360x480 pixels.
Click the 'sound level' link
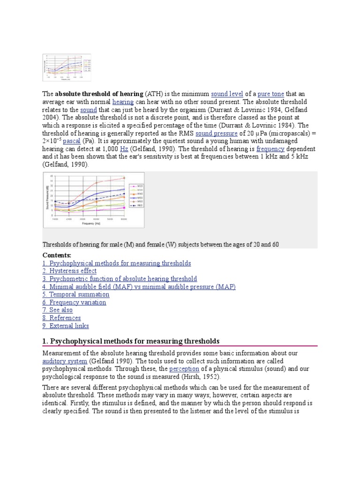(227, 94)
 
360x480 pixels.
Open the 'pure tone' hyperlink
(271, 94)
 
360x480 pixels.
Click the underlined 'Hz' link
(124, 149)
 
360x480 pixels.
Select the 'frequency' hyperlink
(270, 149)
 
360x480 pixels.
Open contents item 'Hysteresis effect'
(69, 271)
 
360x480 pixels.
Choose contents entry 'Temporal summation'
(76, 294)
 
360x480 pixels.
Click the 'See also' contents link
(58, 310)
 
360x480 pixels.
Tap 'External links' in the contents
(66, 326)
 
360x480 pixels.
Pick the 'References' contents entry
(61, 318)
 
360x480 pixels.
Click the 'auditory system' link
(65, 361)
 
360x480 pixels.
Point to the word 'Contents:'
(57, 255)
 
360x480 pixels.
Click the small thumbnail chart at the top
(67, 68)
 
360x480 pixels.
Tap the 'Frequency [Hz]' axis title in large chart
(91, 224)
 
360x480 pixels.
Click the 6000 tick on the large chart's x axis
(124, 219)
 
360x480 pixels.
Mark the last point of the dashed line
(124, 194)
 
